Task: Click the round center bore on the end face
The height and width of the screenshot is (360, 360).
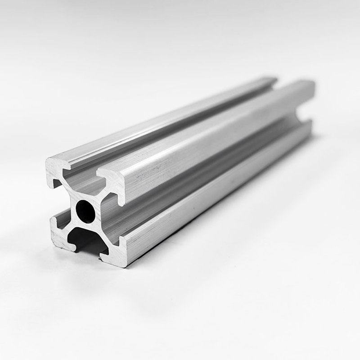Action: coord(85,211)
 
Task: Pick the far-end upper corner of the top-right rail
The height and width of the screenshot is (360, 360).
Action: coord(310,84)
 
